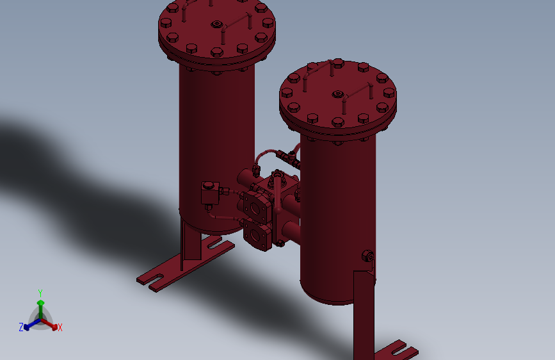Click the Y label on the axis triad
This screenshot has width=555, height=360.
click(x=40, y=293)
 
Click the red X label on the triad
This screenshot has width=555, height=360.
click(x=60, y=327)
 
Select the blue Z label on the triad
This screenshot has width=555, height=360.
click(x=21, y=327)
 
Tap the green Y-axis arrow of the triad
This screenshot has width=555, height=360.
click(x=40, y=304)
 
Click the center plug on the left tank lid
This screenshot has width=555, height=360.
click(x=217, y=25)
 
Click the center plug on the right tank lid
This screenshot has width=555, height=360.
click(x=337, y=95)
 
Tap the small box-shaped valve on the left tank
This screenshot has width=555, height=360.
click(x=209, y=193)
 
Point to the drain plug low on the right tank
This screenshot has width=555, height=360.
click(x=368, y=256)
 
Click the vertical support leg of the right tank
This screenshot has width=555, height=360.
click(x=364, y=314)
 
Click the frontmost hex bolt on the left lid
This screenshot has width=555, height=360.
click(x=215, y=53)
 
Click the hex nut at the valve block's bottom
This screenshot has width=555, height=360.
click(x=280, y=243)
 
